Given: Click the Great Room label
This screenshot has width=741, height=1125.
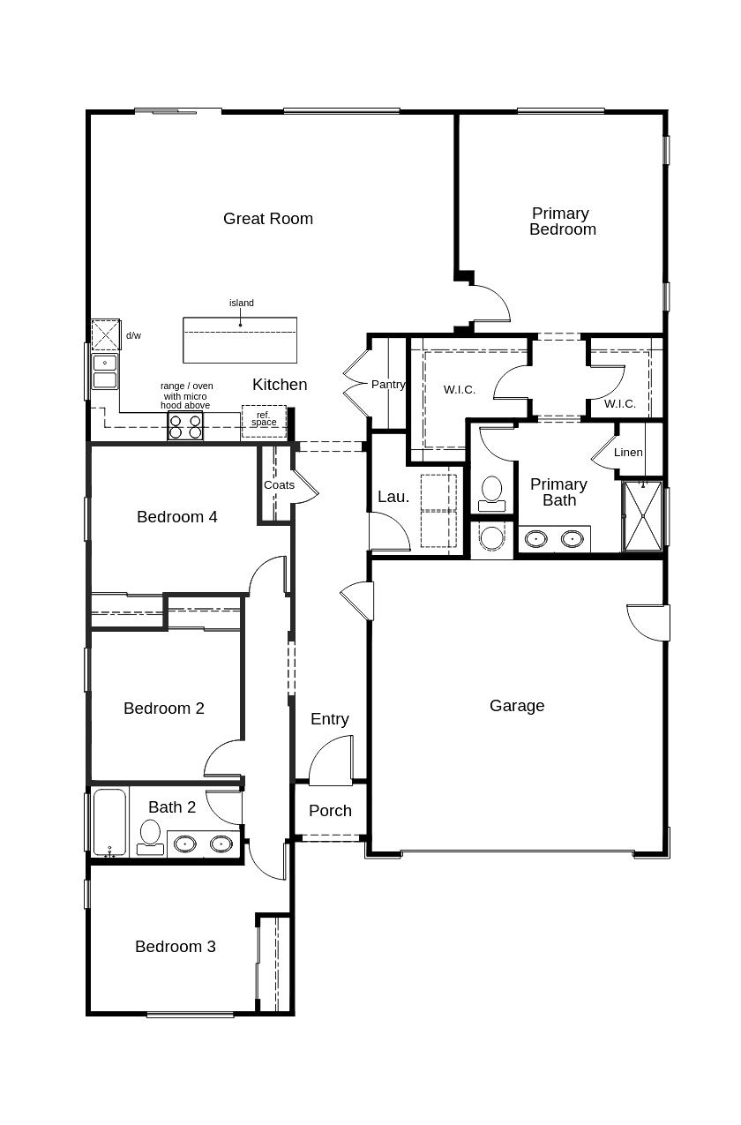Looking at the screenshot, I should (x=267, y=219).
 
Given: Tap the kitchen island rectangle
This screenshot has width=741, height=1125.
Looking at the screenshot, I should (x=240, y=340).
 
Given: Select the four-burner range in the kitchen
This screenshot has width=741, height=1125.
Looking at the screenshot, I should (x=185, y=427).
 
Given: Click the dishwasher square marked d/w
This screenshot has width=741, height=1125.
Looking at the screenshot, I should (x=106, y=335).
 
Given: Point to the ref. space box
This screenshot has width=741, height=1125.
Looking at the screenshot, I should (x=264, y=421).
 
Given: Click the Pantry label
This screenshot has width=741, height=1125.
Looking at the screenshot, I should (x=388, y=385).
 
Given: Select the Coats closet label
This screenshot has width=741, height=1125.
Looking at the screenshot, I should (x=279, y=485).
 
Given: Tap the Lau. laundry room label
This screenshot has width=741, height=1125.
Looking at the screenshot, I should (x=393, y=497).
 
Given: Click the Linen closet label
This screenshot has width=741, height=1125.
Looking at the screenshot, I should (x=628, y=453).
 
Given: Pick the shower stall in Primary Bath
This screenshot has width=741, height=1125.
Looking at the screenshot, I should (x=642, y=516).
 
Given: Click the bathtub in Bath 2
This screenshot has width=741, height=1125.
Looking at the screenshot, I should (x=110, y=822).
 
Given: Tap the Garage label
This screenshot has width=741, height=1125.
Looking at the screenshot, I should (x=517, y=706).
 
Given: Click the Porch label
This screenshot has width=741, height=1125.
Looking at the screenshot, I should (x=330, y=811).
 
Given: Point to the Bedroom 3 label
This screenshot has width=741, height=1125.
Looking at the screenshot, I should (x=175, y=947).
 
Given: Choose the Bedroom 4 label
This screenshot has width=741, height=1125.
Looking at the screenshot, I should (x=176, y=517).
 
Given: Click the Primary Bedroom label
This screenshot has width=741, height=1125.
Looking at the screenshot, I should (x=562, y=221).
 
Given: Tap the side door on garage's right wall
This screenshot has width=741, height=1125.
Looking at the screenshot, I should (x=649, y=622).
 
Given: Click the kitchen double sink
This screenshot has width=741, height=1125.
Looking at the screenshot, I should (x=105, y=371).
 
